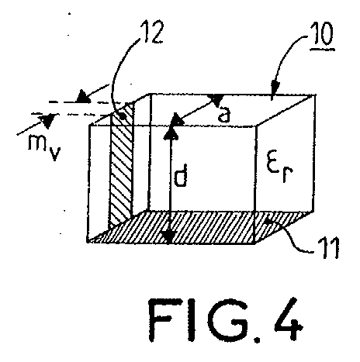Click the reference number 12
(153, 32)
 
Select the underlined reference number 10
(322, 33)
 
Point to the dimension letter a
(223, 115)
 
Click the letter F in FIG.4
(161, 319)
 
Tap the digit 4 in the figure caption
(288, 319)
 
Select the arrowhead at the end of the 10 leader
(275, 86)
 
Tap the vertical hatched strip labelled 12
(122, 165)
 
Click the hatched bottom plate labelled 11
(199, 227)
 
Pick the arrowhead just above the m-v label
(47, 120)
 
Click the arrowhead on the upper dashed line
(83, 97)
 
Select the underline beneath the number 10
(323, 48)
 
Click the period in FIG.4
(257, 339)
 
